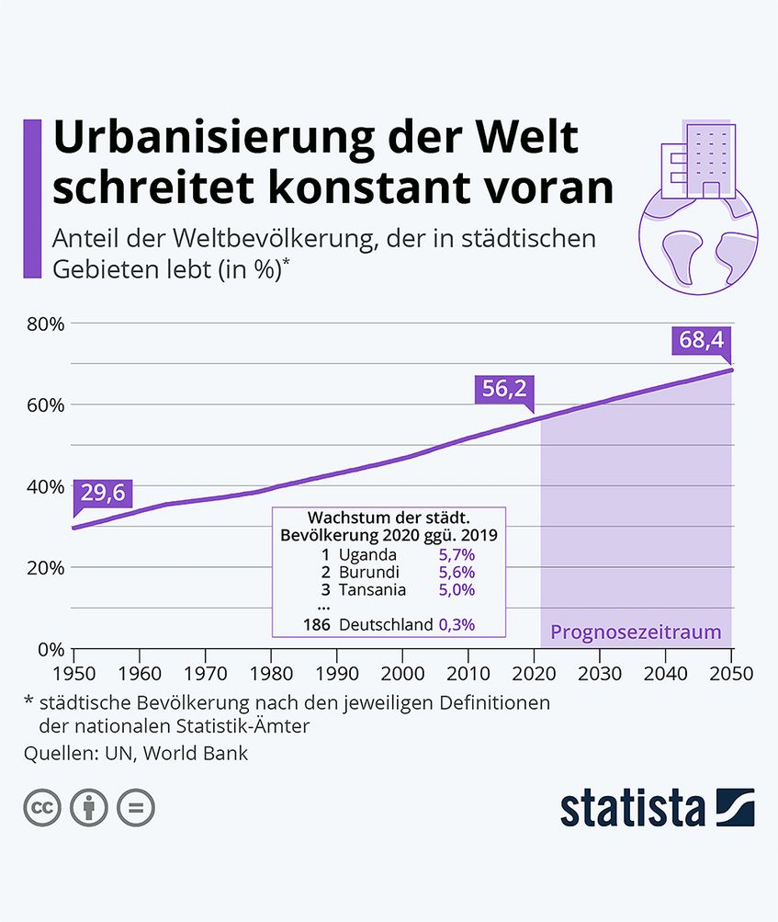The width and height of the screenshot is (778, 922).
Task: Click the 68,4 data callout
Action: click(x=702, y=341)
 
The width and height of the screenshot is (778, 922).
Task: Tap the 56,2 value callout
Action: click(x=505, y=389)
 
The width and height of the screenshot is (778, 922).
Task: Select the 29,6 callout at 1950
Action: click(x=103, y=493)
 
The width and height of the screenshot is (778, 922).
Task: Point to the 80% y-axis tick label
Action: click(x=44, y=324)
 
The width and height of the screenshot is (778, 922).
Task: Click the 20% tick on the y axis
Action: click(x=44, y=567)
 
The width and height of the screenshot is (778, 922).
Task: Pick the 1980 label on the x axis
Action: click(x=270, y=673)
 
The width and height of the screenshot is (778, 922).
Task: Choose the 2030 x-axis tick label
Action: click(x=600, y=673)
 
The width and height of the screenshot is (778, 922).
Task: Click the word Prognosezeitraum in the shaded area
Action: click(x=636, y=632)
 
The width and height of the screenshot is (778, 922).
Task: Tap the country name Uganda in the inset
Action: click(x=367, y=555)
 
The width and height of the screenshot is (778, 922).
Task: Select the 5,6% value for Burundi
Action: click(x=457, y=573)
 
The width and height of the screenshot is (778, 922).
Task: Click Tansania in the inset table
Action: click(x=372, y=590)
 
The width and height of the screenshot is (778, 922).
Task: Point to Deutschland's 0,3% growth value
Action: click(x=457, y=624)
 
